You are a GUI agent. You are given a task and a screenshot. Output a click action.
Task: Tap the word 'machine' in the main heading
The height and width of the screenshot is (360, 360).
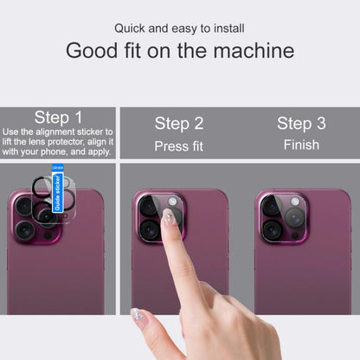[251, 50]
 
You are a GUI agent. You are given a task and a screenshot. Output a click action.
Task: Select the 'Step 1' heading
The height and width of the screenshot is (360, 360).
[59, 117]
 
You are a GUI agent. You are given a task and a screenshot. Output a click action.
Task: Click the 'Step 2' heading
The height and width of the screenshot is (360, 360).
[179, 123]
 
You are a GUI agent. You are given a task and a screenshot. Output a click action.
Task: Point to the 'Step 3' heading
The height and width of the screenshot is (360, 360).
[301, 123]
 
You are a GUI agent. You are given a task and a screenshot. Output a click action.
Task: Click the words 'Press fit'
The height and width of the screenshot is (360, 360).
[179, 146]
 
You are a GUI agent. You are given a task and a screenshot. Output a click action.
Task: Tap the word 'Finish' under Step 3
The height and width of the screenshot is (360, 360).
[301, 145]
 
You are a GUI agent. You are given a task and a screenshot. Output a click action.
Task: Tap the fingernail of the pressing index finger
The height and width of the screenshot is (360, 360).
[170, 216]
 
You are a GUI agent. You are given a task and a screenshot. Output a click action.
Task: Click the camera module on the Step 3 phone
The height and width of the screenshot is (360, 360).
[284, 217]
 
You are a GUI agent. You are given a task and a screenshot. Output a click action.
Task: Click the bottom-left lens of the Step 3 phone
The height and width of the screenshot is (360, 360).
[273, 229]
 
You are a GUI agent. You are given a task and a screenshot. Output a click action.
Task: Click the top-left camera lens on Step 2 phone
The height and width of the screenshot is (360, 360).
[150, 208]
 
